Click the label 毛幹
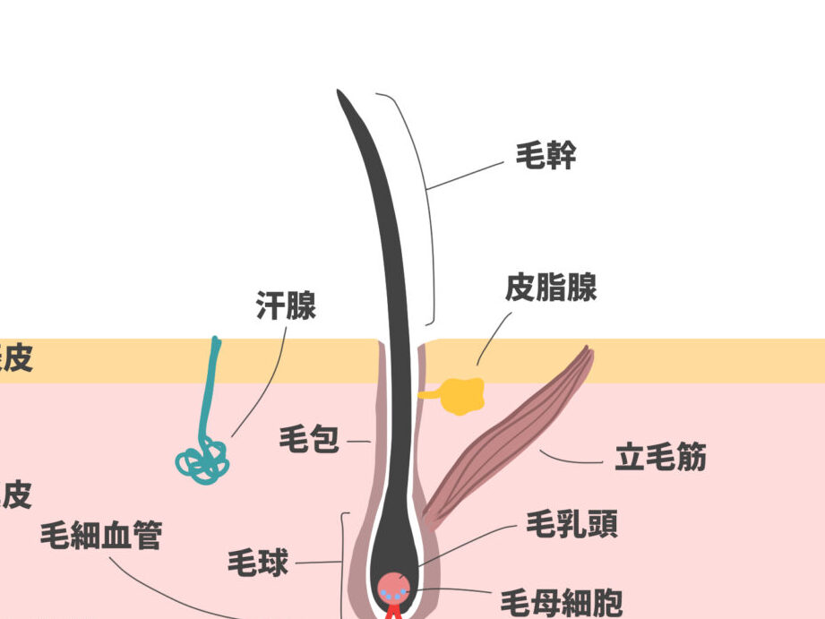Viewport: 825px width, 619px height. [546, 157]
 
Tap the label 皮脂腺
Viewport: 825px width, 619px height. [550, 288]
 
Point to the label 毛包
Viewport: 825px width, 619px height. [309, 440]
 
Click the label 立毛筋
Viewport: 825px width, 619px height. [661, 458]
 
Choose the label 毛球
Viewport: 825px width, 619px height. [259, 563]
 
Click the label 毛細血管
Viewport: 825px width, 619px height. [101, 536]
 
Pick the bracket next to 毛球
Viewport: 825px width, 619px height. [343, 564]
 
